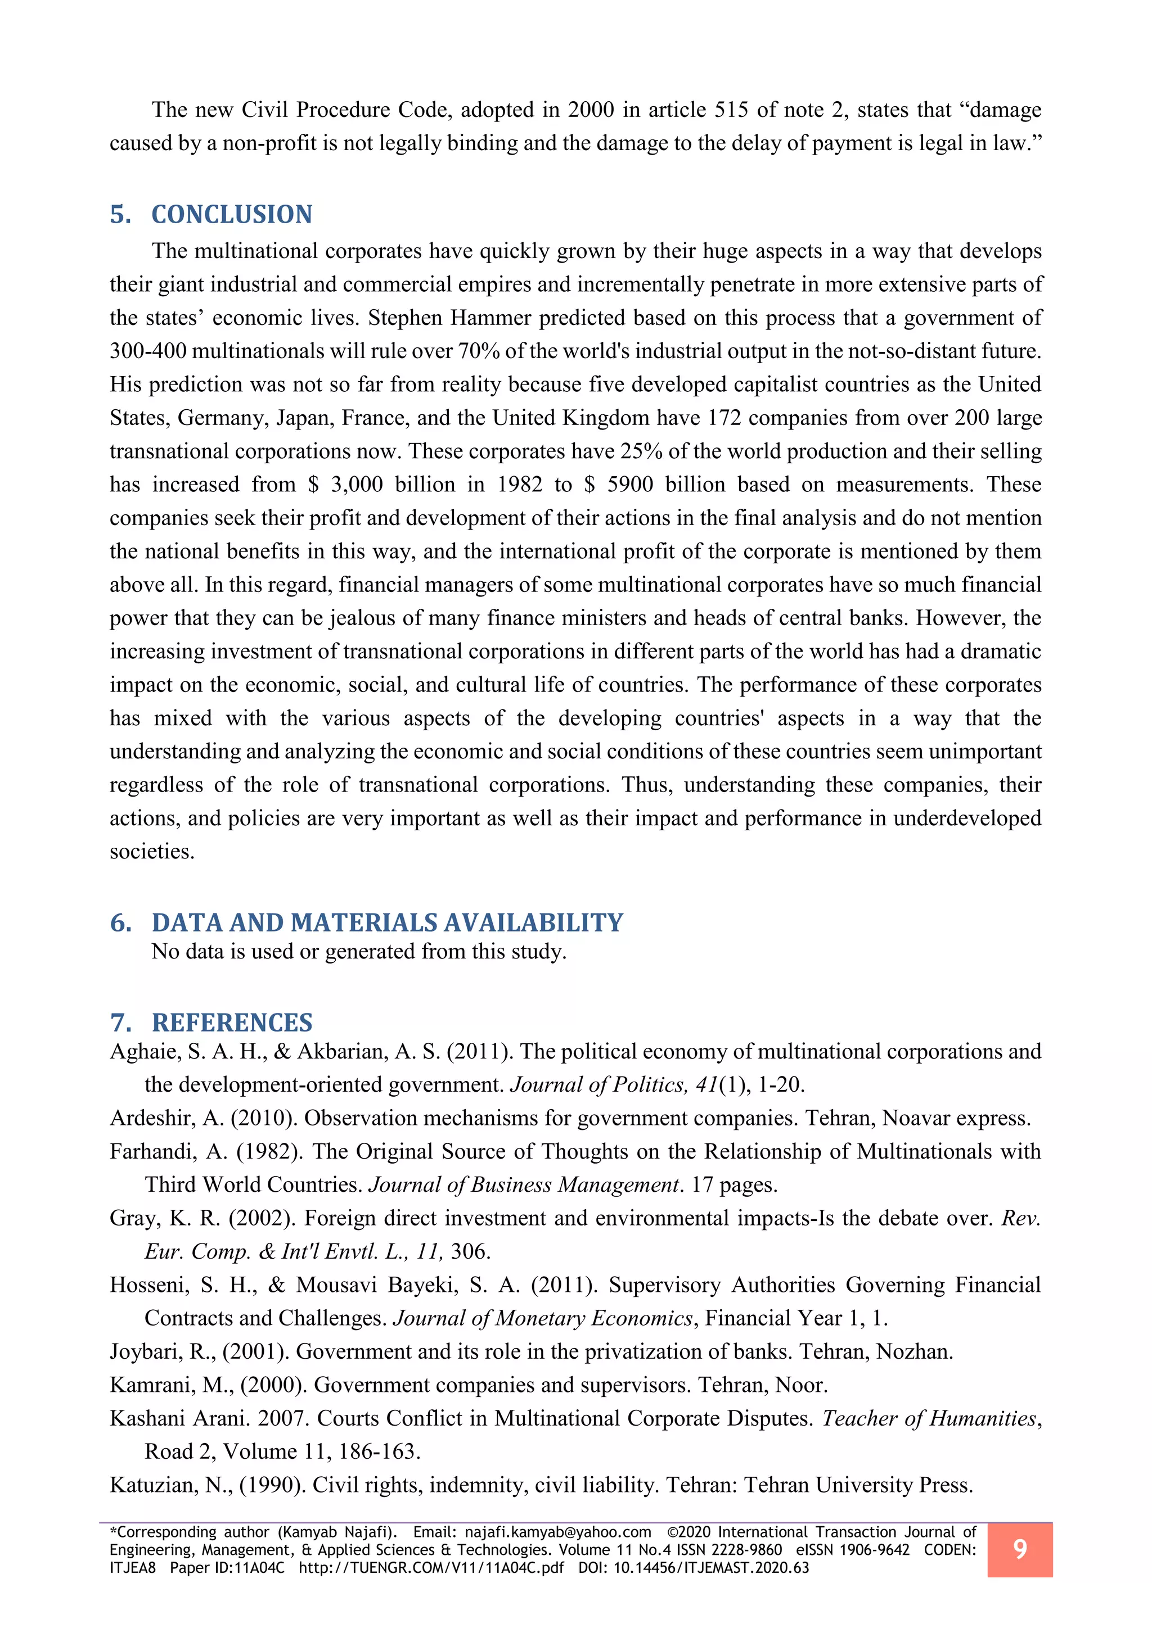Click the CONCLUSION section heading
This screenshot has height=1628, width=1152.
232,215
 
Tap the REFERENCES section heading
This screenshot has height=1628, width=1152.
232,1023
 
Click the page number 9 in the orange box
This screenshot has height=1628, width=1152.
1019,1549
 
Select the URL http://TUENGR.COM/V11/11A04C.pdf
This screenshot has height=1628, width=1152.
431,1568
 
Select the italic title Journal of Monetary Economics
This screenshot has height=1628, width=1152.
543,1318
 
